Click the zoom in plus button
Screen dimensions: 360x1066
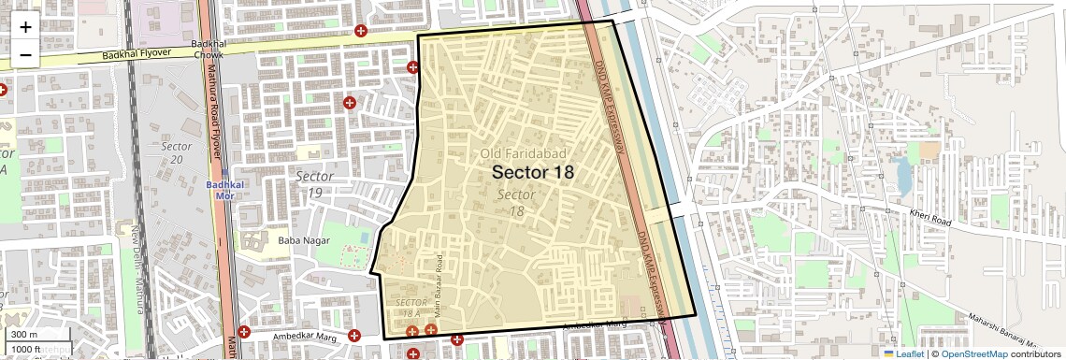(x=25, y=26)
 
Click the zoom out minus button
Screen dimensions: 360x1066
(x=25, y=54)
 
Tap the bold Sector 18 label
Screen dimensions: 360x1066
(x=532, y=172)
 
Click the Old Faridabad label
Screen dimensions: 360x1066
(x=525, y=152)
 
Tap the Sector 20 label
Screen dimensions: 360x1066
(x=176, y=153)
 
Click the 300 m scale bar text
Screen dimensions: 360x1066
(x=24, y=334)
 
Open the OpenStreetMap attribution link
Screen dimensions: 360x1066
(x=973, y=353)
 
